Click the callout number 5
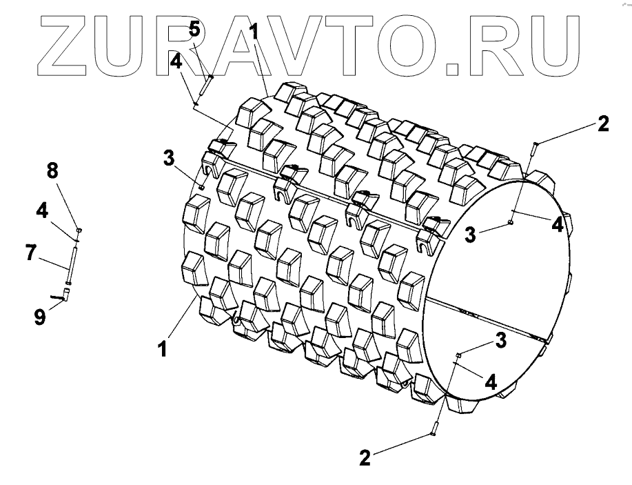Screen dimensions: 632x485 [x=194, y=30]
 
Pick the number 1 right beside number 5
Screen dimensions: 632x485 [x=254, y=31]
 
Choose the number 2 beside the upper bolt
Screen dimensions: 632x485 [x=603, y=125]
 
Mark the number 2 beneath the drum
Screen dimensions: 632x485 [x=366, y=457]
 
